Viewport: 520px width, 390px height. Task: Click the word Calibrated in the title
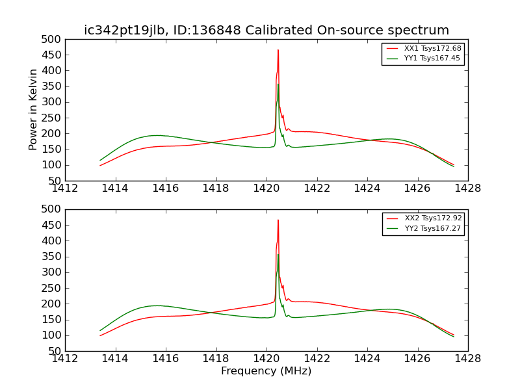coord(276,31)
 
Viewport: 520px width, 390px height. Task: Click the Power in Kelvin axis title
coord(33,109)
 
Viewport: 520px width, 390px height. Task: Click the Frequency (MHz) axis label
coord(266,371)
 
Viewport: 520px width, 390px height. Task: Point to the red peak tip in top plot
coord(278,50)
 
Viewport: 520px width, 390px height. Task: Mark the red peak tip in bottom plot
coord(278,220)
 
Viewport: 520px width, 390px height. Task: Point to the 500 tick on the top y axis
coord(53,39)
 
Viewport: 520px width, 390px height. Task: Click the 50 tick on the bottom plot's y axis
coord(55,351)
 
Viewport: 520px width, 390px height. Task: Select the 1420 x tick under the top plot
coord(266,188)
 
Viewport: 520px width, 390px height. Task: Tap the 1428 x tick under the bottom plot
coord(467,358)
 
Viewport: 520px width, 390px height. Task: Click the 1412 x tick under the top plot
coord(65,188)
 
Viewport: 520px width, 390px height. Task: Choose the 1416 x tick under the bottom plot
coord(166,358)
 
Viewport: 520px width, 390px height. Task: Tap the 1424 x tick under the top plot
coord(367,188)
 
